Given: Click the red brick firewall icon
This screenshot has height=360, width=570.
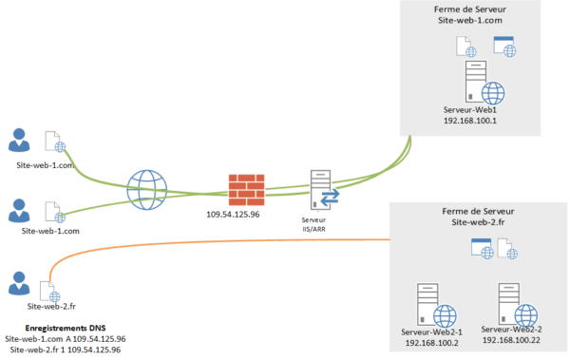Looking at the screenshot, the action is coord(246,190).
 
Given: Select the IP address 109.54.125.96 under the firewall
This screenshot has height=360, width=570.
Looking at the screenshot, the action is coord(233,215).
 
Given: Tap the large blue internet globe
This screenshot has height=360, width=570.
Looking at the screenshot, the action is coord(147,190).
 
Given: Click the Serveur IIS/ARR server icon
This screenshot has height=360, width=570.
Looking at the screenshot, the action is coord(324,190).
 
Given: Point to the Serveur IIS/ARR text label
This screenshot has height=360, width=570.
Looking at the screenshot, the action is coord(313,224).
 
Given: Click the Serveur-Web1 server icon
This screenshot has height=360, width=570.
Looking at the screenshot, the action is coord(484,83).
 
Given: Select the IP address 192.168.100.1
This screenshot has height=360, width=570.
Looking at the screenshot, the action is coord(470,121).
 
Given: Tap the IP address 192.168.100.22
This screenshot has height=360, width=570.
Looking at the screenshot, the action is coord(511,340).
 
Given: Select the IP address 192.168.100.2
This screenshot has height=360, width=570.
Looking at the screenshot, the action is coord(432,343).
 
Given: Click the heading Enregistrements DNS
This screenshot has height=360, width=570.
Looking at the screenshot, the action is coord(66,328).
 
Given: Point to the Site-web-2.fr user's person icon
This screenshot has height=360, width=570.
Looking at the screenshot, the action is coord(19,283).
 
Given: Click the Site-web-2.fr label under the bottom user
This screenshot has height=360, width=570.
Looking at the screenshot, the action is coord(51,307).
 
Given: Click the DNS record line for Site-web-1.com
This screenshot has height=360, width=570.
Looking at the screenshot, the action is coord(66,339).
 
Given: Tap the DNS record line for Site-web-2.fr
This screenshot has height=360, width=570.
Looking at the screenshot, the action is coord(66,350).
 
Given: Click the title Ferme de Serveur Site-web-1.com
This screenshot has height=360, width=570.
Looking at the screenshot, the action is coord(470,15).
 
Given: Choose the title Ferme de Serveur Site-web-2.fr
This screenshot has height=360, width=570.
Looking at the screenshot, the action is coord(478,217).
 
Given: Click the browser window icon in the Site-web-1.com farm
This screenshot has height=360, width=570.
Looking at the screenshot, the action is coord(504,47).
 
